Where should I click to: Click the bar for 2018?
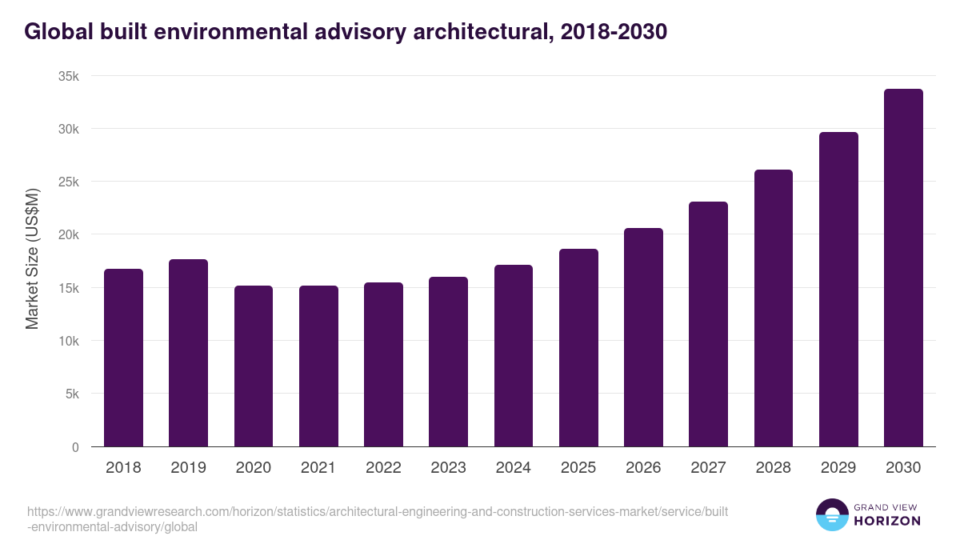[123, 358]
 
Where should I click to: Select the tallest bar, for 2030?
[903, 268]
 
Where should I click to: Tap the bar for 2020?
[254, 366]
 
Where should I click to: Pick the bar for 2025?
[578, 348]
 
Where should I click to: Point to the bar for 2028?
[774, 308]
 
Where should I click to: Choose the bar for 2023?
[448, 362]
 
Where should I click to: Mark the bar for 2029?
[838, 290]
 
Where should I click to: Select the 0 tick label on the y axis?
[75, 447]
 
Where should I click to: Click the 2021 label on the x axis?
[318, 468]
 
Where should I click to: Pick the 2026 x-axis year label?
[643, 468]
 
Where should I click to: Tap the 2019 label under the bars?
[188, 468]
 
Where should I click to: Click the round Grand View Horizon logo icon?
[832, 515]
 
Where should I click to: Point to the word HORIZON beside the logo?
[888, 521]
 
